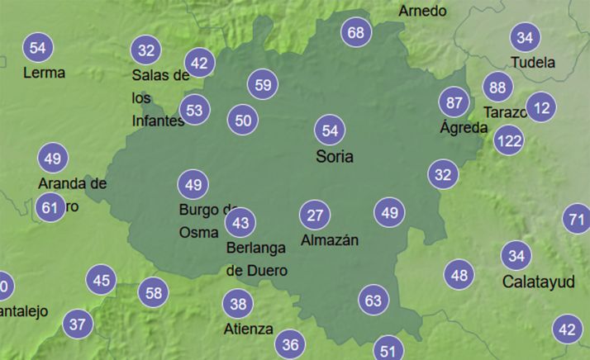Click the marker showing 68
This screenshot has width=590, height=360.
coord(356,33)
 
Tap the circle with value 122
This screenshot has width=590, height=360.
coord(509,141)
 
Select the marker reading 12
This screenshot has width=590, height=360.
coord(542,107)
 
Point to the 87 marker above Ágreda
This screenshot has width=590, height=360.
coord(454,102)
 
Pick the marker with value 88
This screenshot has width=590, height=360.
coord(497,88)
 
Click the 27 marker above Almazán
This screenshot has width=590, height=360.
coord(314,216)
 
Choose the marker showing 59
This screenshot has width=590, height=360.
coord(263,84)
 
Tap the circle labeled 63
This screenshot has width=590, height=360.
coord(374,300)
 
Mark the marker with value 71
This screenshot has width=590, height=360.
coord(577,220)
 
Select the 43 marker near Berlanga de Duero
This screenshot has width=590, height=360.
coord(240,222)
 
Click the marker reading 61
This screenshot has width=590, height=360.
coord(50,207)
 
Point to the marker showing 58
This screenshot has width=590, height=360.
coord(154,291)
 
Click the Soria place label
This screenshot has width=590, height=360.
coord(335,156)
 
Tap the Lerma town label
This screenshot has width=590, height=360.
coord(44,73)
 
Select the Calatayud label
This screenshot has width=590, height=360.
coord(538,282)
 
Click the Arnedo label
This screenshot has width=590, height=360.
coord(422,11)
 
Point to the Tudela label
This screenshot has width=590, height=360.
coord(533,62)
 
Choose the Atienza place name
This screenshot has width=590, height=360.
coord(248,329)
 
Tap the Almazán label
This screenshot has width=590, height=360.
coord(330,240)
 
